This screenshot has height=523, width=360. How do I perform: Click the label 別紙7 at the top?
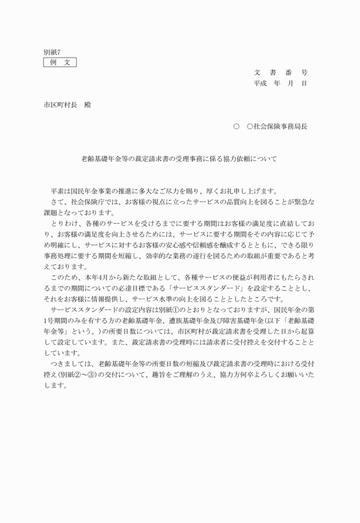coord(52,52)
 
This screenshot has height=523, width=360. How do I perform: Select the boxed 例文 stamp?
coord(60,62)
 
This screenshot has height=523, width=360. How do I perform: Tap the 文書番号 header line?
coord(281,73)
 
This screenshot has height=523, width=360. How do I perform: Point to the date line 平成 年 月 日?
coord(281,83)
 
